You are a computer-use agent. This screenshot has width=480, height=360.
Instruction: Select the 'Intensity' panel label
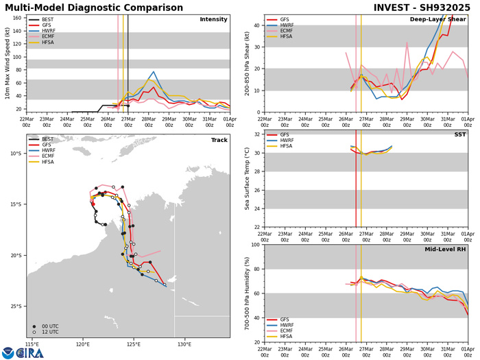point(213,19)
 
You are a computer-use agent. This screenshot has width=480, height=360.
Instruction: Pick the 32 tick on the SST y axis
point(255,134)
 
